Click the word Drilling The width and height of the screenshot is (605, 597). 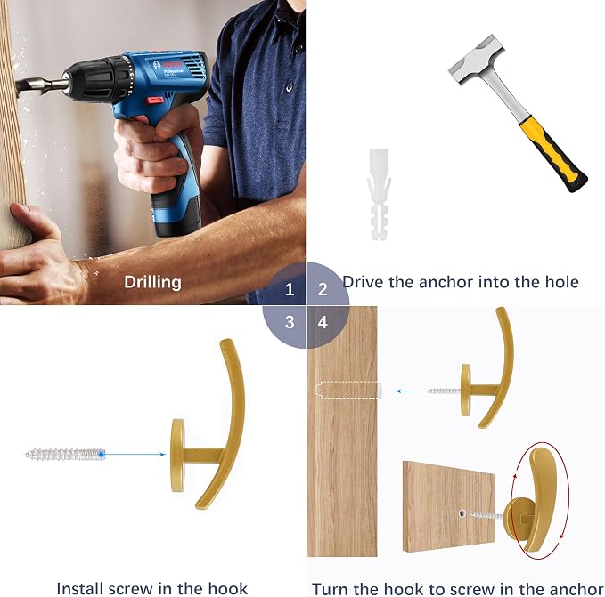tap(152, 283)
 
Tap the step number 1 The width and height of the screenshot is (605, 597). tap(290, 289)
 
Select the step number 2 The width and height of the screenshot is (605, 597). tap(323, 289)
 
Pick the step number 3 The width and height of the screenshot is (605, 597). tap(290, 322)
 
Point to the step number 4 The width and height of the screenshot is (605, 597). tap(323, 322)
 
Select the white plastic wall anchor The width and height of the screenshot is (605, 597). tap(379, 195)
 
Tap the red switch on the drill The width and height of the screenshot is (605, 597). tap(156, 101)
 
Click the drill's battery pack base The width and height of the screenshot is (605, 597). tap(176, 214)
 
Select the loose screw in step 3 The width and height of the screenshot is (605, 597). tap(66, 455)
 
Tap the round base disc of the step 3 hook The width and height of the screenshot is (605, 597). tap(177, 455)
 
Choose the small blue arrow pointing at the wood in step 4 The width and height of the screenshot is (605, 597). tap(405, 391)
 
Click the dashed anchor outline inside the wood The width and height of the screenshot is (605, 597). tap(348, 390)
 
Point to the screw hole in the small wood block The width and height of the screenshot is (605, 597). tap(462, 513)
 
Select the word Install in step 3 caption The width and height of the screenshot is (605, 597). tap(80, 588)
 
